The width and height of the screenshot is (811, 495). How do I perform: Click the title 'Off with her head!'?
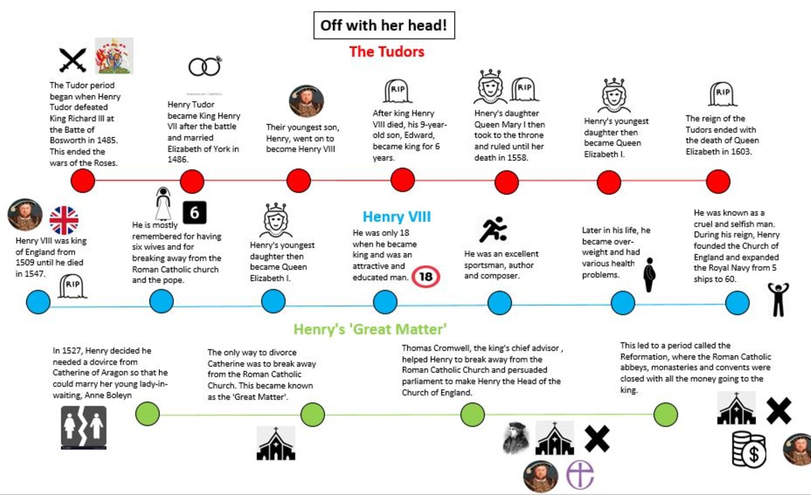coord(384,25)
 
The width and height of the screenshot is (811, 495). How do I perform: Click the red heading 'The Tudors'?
coord(386,52)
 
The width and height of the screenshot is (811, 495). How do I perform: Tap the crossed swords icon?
coord(73,60)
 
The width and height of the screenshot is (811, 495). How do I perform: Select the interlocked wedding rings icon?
coord(204,67)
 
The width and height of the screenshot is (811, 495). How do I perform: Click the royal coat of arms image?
coord(114,56)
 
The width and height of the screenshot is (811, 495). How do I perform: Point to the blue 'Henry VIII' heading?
coord(396,217)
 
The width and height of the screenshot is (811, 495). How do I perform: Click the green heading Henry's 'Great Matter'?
coord(370,329)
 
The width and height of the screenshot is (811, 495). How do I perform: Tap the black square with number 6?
coord(194,213)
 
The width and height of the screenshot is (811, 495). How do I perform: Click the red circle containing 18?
coord(426,276)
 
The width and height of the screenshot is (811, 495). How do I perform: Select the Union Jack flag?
coord(64,220)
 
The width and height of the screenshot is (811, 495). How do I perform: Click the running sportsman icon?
coord(493,229)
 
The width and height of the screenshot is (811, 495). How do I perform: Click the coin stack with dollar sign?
coord(749,449)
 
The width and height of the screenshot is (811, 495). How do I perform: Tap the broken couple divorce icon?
coord(83,427)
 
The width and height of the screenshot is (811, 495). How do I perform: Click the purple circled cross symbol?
coord(580,474)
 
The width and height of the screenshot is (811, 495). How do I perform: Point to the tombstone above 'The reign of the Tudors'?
coord(723,94)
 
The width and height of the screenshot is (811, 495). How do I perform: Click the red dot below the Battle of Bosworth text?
coord(83,181)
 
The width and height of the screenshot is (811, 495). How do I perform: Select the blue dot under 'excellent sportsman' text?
coord(500,303)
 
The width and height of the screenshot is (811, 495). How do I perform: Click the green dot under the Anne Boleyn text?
coord(148,414)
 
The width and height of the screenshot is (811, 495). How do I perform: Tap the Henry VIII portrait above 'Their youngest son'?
coord(306,101)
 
